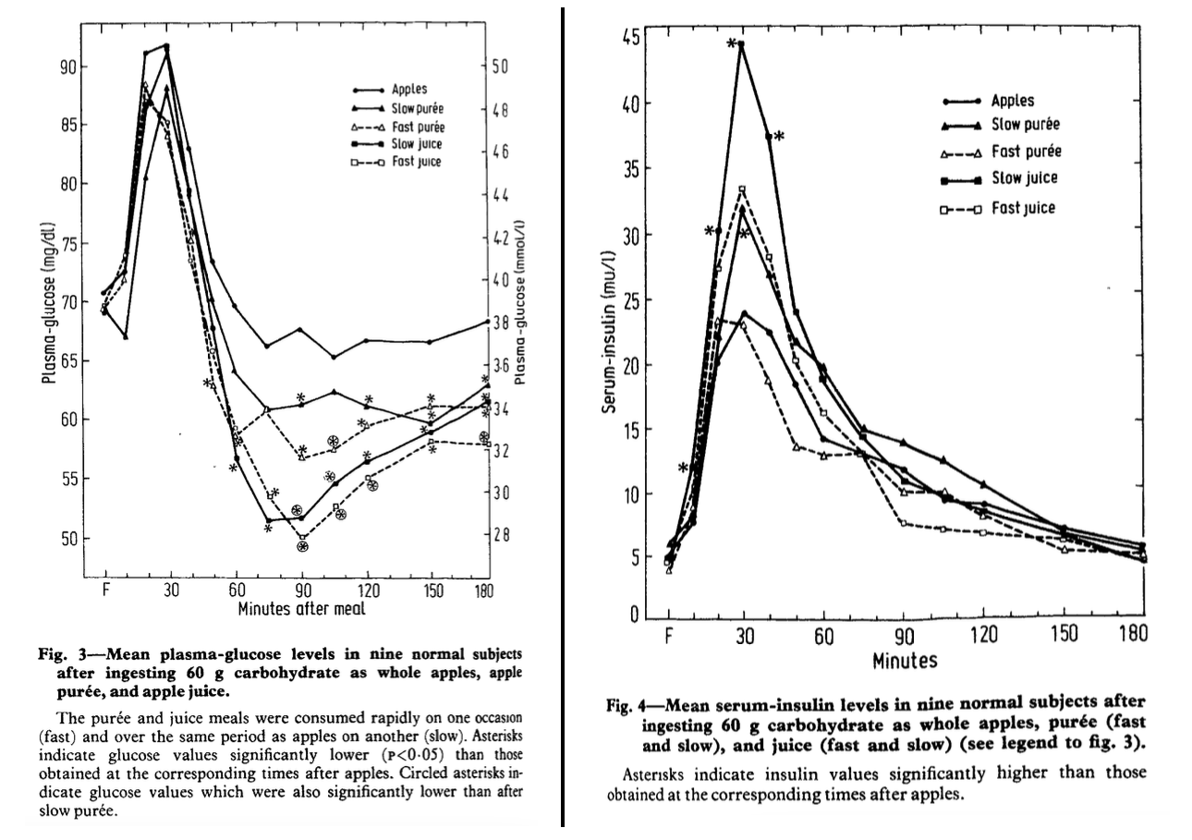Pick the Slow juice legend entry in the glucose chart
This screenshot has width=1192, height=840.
click(x=416, y=144)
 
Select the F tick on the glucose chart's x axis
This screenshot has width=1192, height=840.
click(x=104, y=591)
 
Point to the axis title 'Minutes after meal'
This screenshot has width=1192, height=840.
click(x=300, y=609)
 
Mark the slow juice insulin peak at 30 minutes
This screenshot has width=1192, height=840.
click(x=741, y=44)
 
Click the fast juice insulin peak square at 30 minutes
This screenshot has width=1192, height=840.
click(x=741, y=190)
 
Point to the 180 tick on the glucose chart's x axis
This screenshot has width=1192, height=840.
click(x=482, y=591)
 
